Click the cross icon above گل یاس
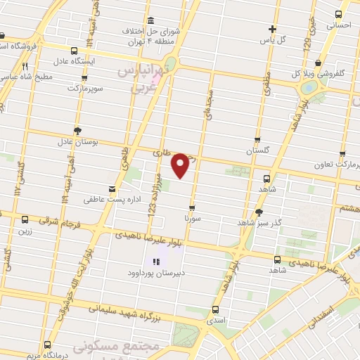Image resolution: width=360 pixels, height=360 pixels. click(273, 29)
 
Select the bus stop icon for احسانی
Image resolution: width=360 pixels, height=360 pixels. click(339, 14)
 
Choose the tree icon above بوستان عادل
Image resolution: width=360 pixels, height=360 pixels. click(77, 130)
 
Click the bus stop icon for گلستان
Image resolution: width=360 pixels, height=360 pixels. click(257, 140)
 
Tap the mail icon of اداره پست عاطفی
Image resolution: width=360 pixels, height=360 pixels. click(111, 188)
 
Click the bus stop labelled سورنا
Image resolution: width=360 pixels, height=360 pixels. click(193, 208)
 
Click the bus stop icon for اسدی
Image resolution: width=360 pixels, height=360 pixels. click(215, 309)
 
